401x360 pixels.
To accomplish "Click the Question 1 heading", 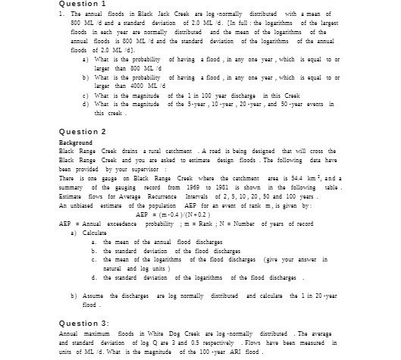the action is (x=81, y=5).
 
